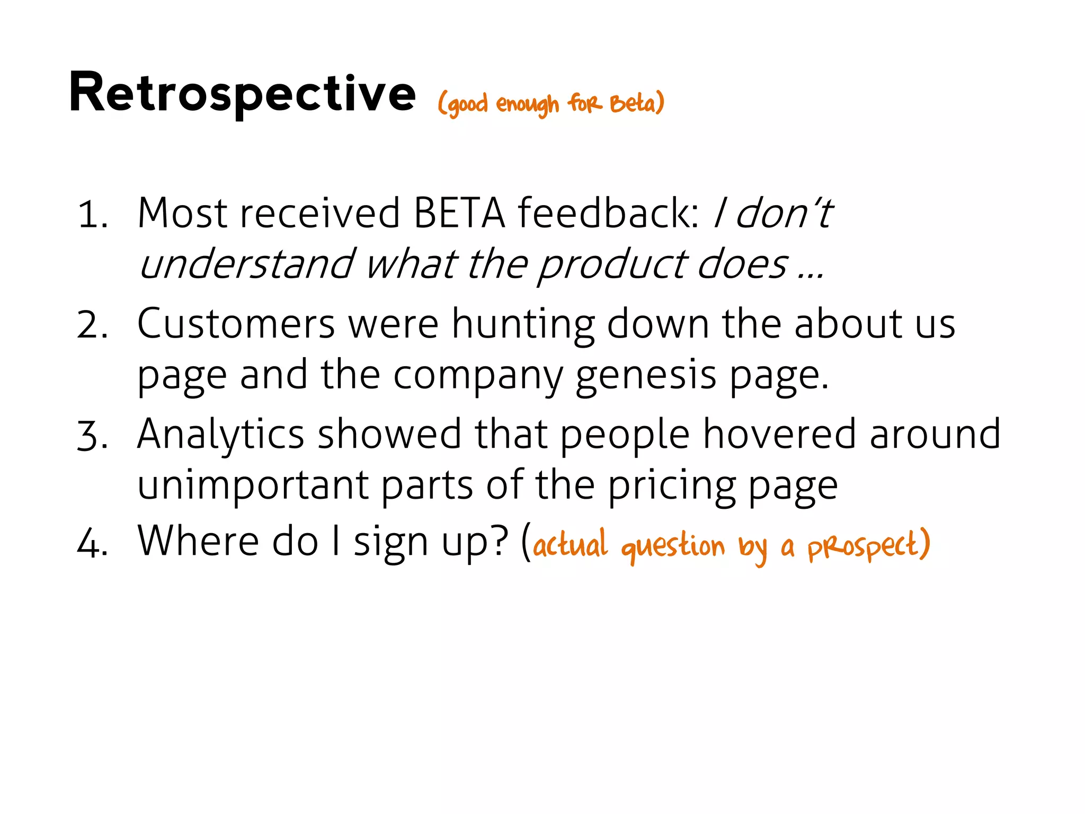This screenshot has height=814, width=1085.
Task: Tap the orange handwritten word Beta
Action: tap(634, 103)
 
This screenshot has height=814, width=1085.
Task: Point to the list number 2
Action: tap(92, 325)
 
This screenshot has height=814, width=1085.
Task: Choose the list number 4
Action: tap(92, 544)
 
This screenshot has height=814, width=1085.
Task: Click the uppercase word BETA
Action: tap(459, 214)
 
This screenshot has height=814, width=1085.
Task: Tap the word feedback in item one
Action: tap(608, 214)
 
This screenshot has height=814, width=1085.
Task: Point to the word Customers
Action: tap(236, 324)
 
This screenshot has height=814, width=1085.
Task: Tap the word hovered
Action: tap(779, 435)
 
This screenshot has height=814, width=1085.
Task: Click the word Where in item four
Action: tap(198, 542)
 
